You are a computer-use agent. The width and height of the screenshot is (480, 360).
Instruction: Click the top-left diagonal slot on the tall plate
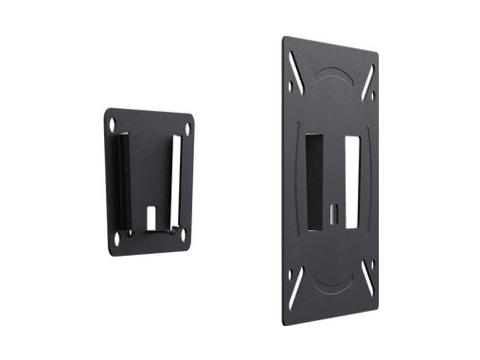click(x=294, y=67)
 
